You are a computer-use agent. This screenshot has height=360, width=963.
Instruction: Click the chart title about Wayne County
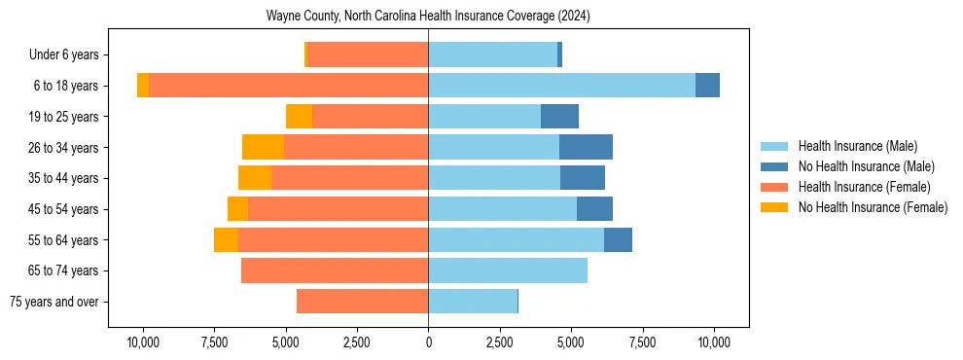(x=428, y=17)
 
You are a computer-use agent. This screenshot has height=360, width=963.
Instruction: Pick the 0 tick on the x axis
(x=428, y=342)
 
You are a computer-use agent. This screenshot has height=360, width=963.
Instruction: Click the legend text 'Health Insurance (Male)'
(x=857, y=146)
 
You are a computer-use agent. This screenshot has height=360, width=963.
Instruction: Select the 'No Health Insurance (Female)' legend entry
(x=873, y=207)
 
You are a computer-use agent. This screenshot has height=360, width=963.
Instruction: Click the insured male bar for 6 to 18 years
(x=561, y=86)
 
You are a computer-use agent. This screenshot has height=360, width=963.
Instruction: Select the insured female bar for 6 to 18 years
(x=288, y=86)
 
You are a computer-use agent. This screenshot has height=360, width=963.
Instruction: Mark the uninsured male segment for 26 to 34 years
(x=586, y=147)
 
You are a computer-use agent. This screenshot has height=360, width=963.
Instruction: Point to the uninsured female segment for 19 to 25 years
(x=299, y=117)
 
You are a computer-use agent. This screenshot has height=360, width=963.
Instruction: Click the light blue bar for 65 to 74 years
(x=508, y=270)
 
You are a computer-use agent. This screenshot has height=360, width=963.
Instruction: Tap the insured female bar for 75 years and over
(x=362, y=302)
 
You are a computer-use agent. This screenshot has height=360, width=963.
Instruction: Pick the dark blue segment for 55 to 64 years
(x=618, y=239)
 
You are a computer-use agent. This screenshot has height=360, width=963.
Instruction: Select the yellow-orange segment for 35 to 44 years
(x=255, y=178)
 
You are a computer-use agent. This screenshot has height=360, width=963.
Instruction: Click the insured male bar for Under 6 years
(x=492, y=54)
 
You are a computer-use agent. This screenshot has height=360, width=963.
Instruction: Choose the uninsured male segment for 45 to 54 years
(x=594, y=209)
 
